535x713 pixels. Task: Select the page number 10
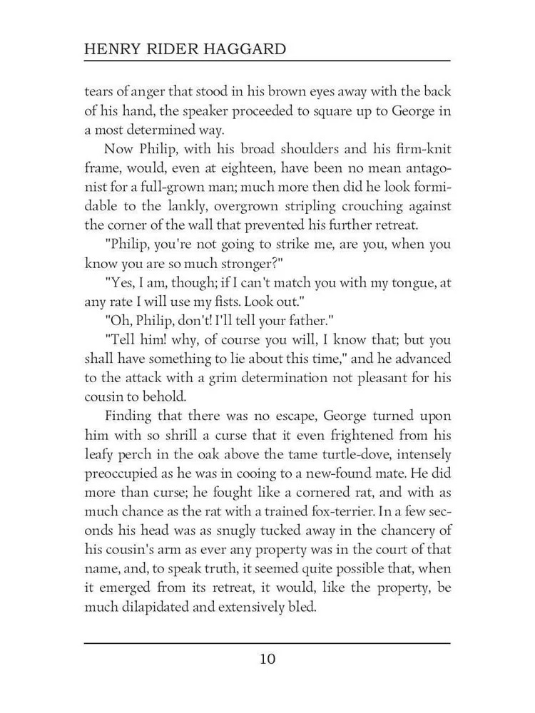pyautogui.click(x=267, y=658)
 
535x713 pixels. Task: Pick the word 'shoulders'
pyautogui.click(x=273, y=149)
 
